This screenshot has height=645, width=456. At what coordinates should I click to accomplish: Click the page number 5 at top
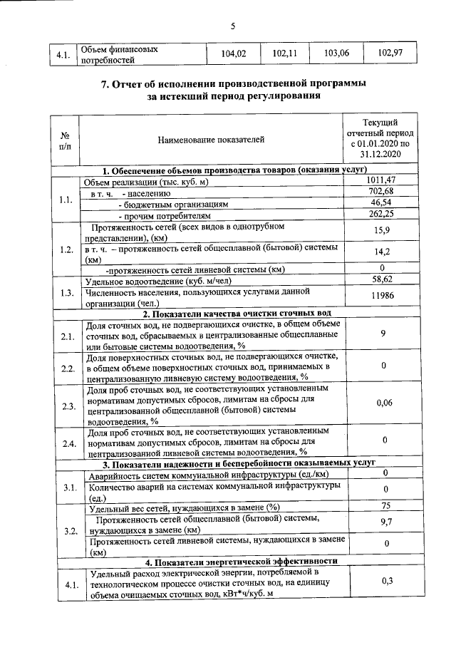click(233, 26)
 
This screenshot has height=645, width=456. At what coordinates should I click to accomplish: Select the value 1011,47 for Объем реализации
click(383, 181)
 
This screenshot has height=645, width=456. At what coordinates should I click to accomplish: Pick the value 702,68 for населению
click(383, 192)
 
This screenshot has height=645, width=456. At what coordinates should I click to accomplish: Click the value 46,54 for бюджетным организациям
click(383, 203)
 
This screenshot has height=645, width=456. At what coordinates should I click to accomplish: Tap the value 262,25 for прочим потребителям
click(383, 214)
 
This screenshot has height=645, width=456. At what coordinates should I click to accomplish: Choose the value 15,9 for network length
click(383, 231)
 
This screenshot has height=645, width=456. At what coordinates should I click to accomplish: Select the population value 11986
click(383, 296)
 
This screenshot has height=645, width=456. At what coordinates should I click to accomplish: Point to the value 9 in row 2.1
click(383, 334)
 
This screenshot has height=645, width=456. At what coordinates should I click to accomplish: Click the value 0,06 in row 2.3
click(383, 403)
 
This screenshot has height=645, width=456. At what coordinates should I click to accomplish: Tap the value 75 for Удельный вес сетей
click(383, 507)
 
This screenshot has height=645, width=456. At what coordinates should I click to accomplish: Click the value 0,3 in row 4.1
click(383, 582)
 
